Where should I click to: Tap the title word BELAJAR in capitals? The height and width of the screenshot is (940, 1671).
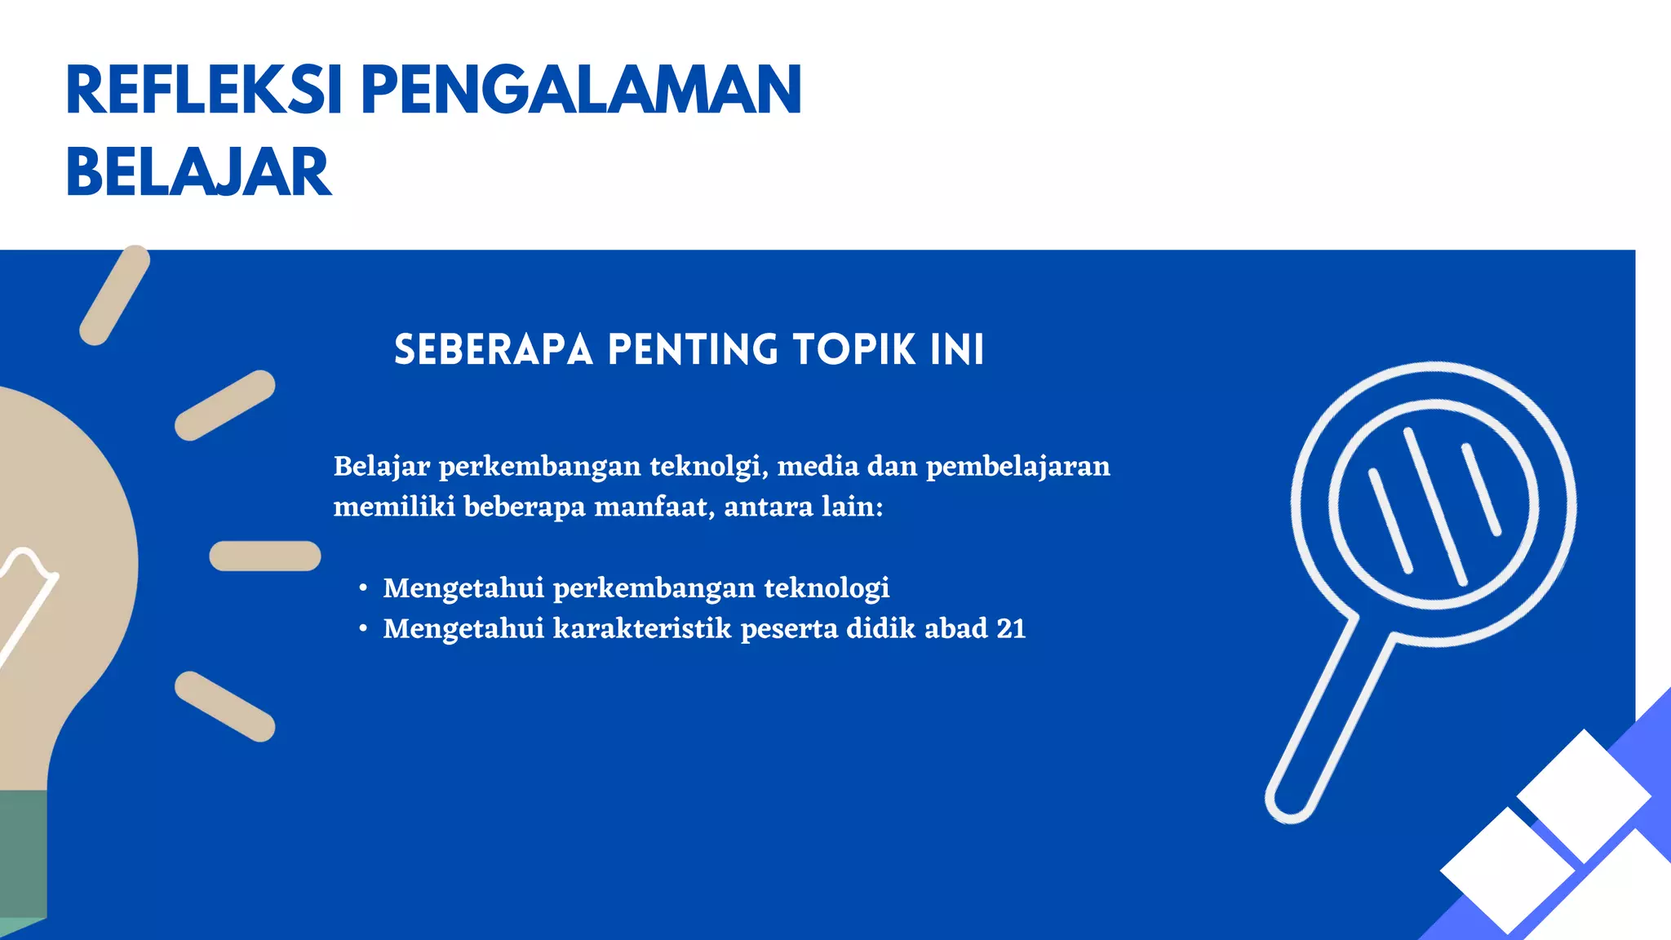click(x=198, y=173)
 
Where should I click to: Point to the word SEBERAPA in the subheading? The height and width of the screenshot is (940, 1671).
click(x=493, y=350)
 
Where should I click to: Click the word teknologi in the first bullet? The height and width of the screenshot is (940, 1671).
click(x=826, y=588)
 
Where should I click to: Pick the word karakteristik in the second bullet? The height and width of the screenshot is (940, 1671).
click(x=642, y=629)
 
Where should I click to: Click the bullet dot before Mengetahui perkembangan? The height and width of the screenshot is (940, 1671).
click(x=364, y=588)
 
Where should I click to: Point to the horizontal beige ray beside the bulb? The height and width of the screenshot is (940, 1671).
click(x=265, y=556)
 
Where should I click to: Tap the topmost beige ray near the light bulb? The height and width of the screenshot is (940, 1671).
click(x=114, y=295)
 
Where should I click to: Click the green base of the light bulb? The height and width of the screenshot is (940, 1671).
click(x=23, y=857)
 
